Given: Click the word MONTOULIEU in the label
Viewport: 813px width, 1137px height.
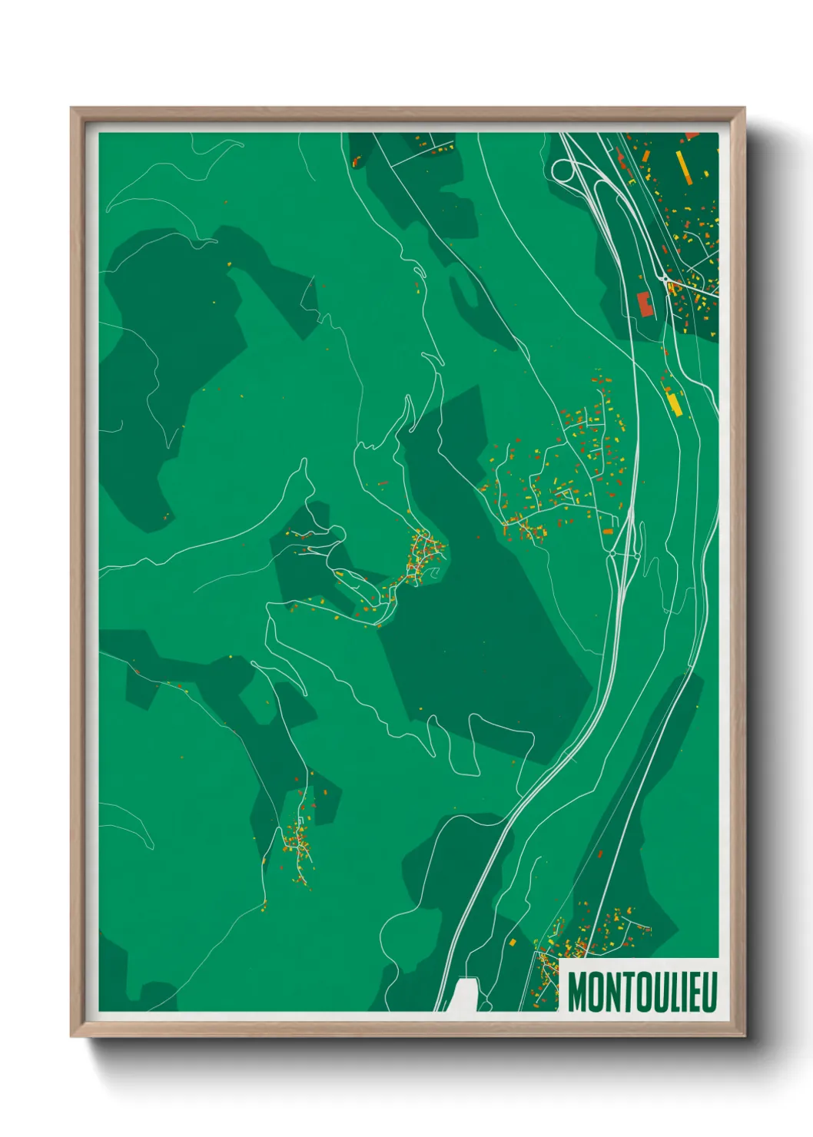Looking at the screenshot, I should point(642,992).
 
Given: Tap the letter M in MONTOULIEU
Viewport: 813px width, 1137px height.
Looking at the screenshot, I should point(577,992).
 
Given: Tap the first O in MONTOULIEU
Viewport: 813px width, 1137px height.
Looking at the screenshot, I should point(593,992).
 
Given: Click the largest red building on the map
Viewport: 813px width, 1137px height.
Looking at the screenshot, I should point(645,304).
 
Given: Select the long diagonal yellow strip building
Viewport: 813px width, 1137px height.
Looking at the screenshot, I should point(684,167).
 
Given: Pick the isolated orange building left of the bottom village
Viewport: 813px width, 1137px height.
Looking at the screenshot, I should point(513,941).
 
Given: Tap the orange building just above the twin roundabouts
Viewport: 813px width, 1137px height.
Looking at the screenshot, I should point(609,532).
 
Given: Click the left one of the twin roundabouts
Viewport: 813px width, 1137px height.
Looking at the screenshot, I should point(612,552).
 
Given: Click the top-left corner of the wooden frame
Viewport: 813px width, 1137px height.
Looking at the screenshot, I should point(72,109).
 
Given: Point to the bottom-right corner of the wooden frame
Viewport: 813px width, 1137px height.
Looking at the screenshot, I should point(744,1036).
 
